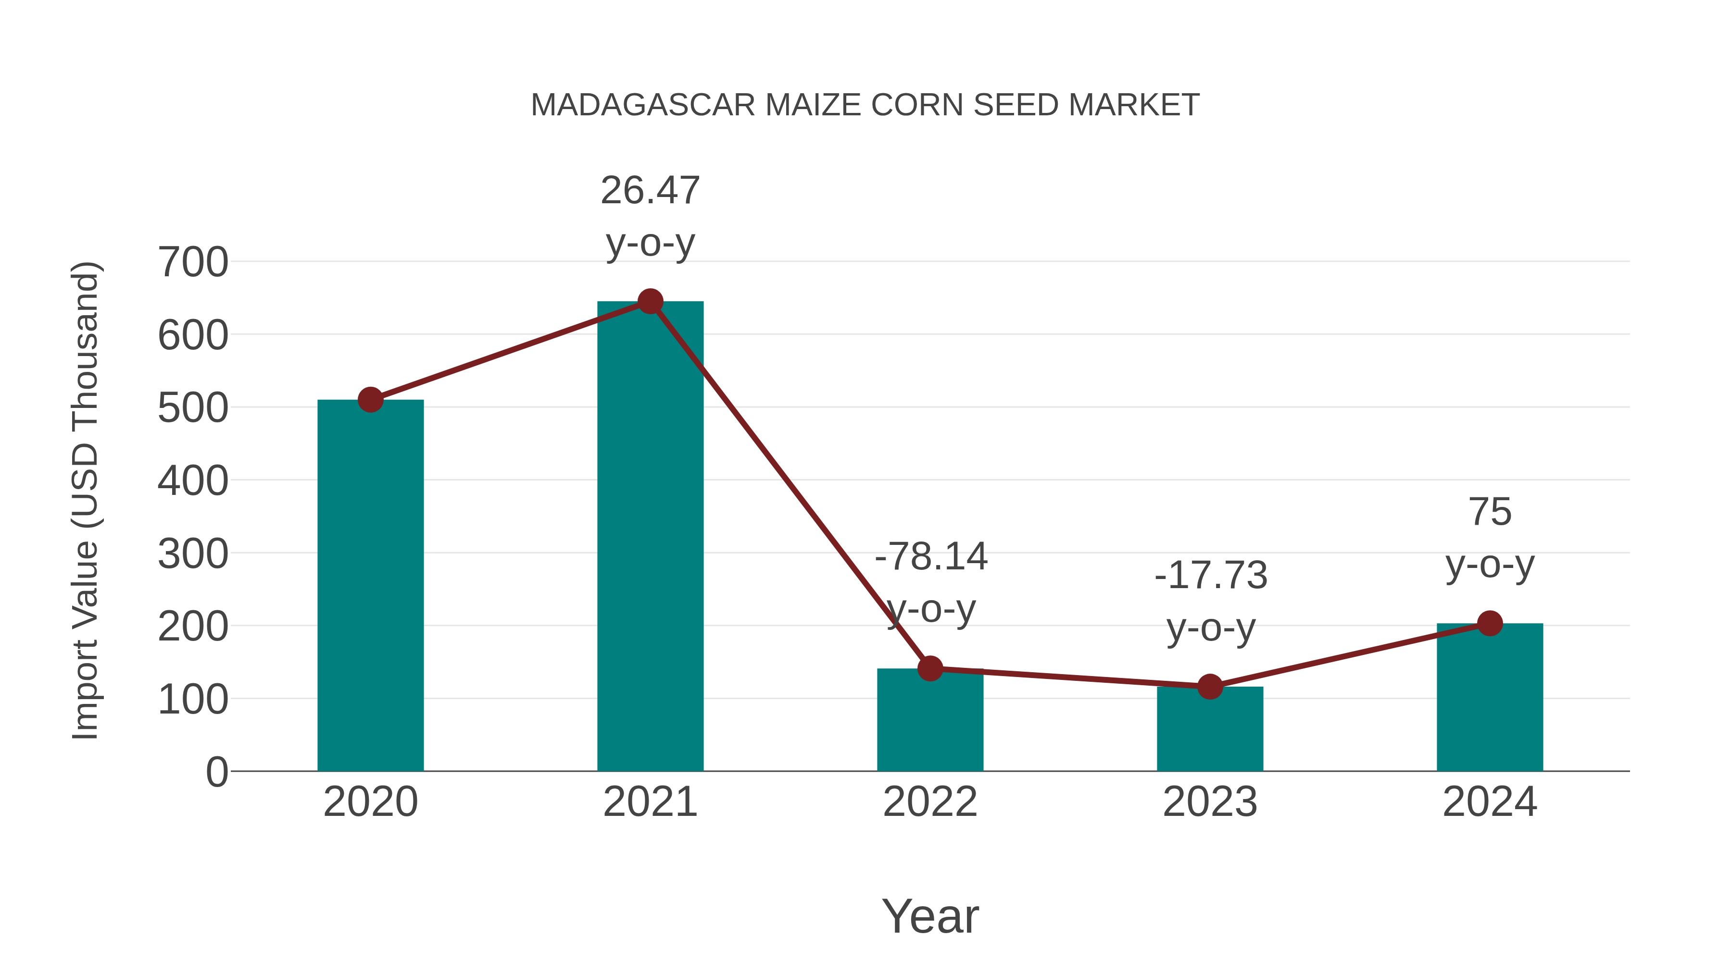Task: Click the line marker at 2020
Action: (x=370, y=400)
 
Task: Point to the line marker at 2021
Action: (x=650, y=301)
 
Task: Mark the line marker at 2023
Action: (x=1210, y=686)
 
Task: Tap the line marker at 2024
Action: (x=1490, y=623)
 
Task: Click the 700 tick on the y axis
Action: (x=193, y=262)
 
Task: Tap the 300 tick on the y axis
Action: (x=193, y=554)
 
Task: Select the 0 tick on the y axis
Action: (x=216, y=772)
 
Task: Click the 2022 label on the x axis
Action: (x=930, y=802)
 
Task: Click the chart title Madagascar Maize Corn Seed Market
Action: (x=865, y=105)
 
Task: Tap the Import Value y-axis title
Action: (x=86, y=500)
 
